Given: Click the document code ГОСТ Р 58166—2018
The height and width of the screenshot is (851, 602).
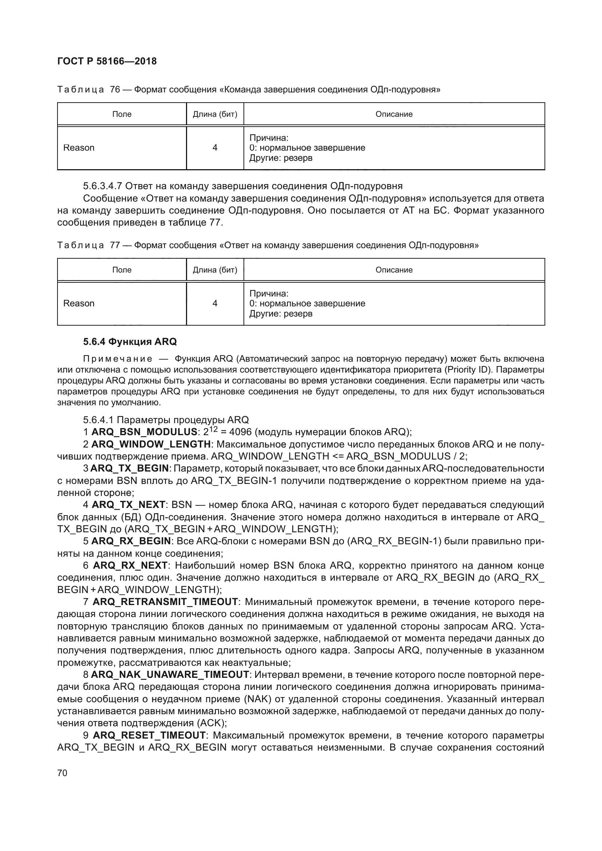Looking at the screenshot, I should coord(107,61).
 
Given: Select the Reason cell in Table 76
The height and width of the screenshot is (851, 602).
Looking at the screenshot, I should coord(79,148).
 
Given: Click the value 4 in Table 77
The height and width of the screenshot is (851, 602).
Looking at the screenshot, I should coord(215,303).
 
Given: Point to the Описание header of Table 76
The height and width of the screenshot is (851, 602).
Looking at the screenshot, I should coord(394,114).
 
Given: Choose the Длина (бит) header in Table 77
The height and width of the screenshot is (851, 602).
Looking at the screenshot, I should coord(215,270).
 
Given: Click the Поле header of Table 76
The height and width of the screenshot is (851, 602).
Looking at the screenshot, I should coord(122,114).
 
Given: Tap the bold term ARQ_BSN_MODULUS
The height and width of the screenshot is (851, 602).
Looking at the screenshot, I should coord(144,432).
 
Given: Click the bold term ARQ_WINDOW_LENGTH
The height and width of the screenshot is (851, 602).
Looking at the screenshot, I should coord(151,444).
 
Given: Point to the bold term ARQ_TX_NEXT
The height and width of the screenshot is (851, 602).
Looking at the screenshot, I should coord(128,505).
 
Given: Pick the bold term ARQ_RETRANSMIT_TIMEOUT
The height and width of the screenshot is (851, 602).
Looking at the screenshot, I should coord(165,601).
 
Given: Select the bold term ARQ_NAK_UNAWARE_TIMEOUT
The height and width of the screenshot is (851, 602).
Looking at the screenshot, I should coord(170,674).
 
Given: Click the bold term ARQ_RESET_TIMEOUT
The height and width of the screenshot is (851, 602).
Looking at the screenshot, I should coord(149,735).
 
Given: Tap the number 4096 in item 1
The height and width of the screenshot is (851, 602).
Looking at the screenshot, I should coord(241,432).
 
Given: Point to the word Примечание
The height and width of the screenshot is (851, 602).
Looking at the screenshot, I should coord(118,359).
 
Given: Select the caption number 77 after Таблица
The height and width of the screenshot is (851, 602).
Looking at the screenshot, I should coord(115,245).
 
